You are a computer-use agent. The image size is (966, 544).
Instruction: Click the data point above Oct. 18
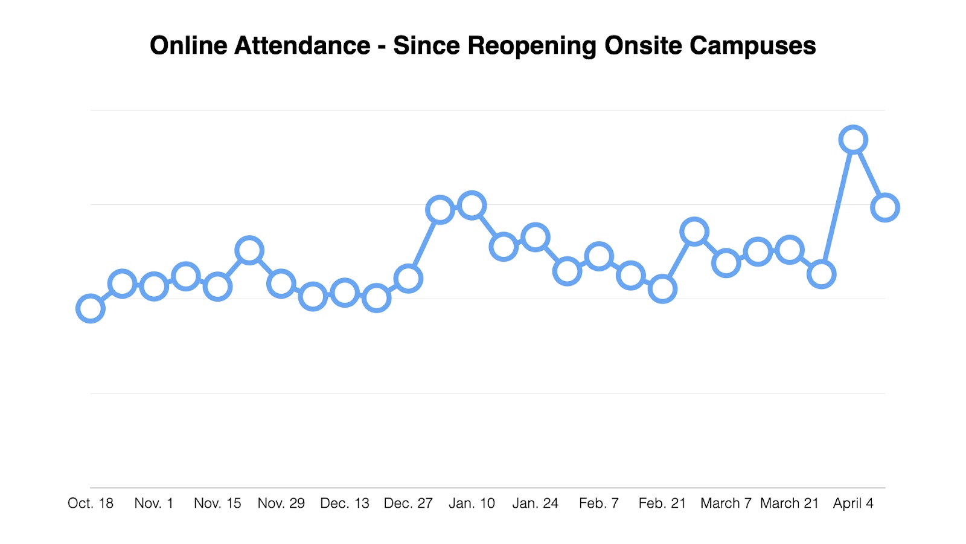click(x=91, y=309)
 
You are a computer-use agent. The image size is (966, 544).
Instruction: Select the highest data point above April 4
click(x=853, y=140)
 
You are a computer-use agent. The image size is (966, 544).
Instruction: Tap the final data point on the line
click(x=885, y=208)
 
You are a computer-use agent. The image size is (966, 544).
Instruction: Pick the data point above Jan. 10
click(x=472, y=206)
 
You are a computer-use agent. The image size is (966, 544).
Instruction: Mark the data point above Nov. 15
click(x=217, y=287)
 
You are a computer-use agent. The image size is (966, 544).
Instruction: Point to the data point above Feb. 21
click(x=662, y=289)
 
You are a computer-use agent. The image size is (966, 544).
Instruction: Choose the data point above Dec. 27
click(x=408, y=279)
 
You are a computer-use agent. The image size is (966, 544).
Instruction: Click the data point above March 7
click(x=726, y=264)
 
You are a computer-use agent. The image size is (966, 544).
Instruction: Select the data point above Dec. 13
click(x=345, y=293)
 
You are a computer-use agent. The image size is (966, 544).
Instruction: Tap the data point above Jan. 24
click(x=536, y=237)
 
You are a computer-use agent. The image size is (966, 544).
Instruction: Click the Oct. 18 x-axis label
click(x=91, y=504)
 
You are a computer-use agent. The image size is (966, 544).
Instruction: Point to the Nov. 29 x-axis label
click(x=281, y=504)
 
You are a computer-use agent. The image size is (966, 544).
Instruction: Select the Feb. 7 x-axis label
click(x=599, y=504)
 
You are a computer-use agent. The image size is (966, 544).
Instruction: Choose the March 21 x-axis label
click(x=789, y=504)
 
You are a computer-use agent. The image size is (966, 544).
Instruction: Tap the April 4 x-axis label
click(x=853, y=504)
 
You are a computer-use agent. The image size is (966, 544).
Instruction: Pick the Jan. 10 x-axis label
click(x=472, y=504)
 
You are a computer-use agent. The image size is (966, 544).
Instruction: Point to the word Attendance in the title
click(x=302, y=46)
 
